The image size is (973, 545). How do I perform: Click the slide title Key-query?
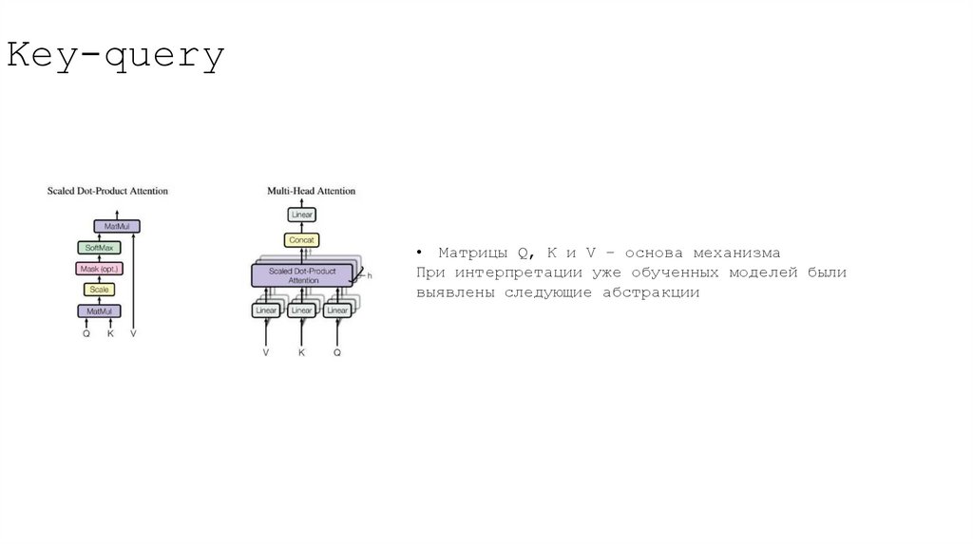116,57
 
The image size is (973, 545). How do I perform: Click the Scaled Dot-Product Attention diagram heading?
107,191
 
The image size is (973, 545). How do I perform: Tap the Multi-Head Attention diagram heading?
311,191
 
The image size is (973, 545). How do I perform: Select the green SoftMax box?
99,247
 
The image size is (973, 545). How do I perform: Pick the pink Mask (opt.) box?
99,269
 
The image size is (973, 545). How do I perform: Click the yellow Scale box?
99,290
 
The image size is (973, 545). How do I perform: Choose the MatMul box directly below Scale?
99,310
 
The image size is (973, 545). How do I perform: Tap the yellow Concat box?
301,239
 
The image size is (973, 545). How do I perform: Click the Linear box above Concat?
301,216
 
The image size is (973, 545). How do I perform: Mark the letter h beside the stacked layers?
369,275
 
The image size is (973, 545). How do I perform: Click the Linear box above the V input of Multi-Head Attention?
266,310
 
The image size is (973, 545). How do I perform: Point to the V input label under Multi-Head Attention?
266,352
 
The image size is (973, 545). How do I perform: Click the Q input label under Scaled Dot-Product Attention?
86,334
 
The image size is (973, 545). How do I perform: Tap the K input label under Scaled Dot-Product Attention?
110,334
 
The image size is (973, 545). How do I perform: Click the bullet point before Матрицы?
418,254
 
